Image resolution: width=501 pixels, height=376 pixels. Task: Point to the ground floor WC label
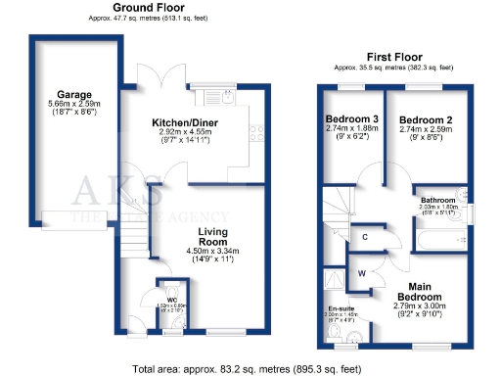[x=171, y=300]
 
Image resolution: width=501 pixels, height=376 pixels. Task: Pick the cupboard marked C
[x=364, y=237]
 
